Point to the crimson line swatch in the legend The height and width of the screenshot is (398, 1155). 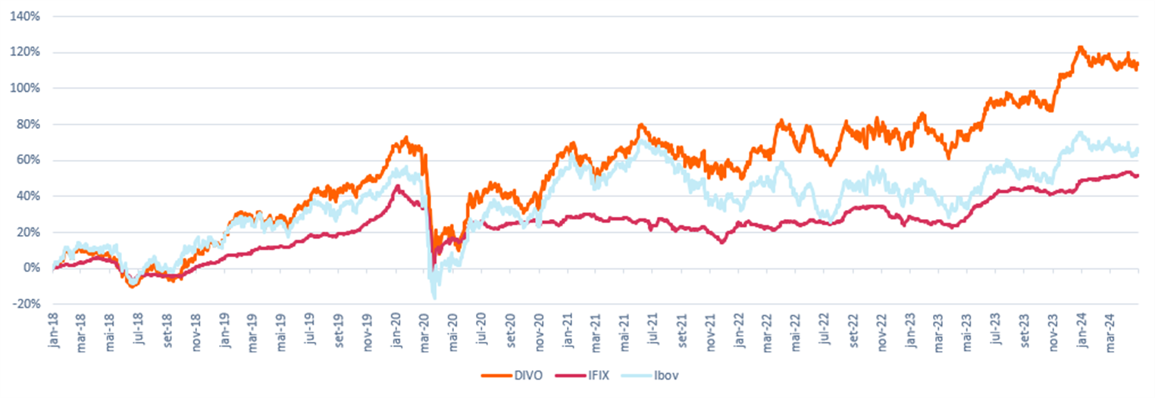coord(568,375)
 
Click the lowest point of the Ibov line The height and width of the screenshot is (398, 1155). coord(434,298)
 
